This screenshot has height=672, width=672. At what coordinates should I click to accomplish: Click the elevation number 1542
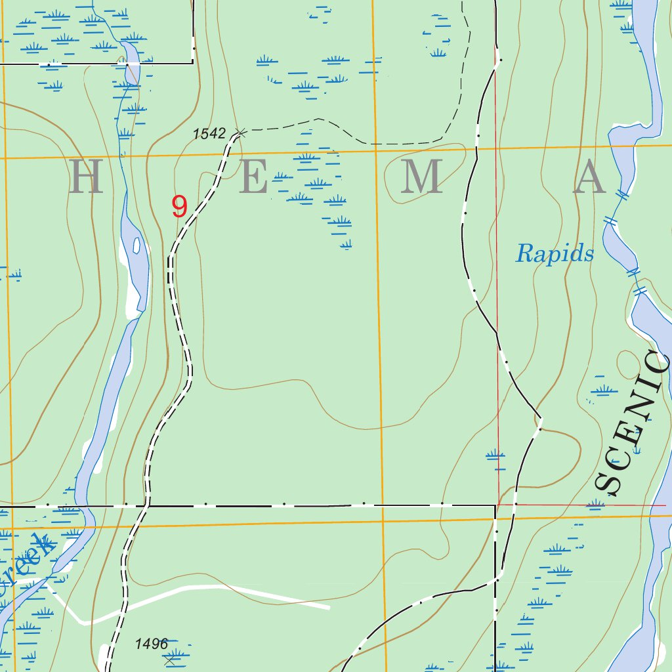pos(209,134)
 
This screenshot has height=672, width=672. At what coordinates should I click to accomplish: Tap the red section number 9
pos(179,207)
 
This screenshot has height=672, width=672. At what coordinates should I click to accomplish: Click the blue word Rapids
pos(555,253)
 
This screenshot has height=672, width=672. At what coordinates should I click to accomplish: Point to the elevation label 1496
pos(152,644)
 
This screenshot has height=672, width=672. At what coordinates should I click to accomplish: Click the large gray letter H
pos(86,177)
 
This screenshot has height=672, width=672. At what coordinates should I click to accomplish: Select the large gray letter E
pos(253,177)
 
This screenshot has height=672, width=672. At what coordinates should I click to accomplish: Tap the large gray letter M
pos(421,177)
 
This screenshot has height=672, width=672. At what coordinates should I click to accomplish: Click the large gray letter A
pos(589,178)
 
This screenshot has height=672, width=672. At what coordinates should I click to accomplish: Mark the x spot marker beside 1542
pos(240,133)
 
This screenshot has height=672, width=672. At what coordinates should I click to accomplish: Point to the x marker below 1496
pos(170,660)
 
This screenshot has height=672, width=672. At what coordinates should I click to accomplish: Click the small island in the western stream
pos(137,246)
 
